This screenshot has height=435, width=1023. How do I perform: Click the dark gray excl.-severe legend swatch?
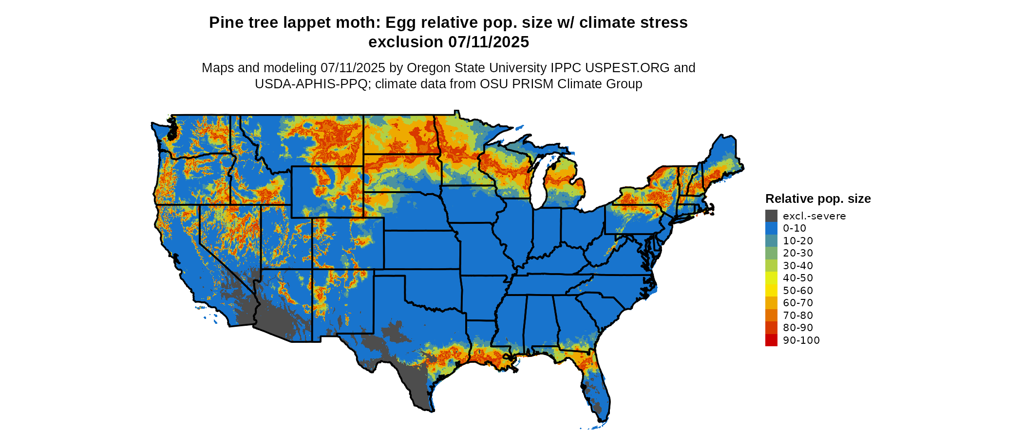coord(771,216)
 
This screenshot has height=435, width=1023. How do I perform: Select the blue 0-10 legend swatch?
coord(771,228)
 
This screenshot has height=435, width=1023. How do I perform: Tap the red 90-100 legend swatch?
coord(771,340)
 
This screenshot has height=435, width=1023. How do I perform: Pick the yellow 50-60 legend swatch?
coord(771,291)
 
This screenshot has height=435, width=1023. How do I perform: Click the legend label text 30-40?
coord(798,266)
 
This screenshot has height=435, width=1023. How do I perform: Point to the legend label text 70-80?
coord(798,316)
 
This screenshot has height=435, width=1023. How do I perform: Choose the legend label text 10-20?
coord(798,241)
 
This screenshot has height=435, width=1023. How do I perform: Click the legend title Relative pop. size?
coord(818,199)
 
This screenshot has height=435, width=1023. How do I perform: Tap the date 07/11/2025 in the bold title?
coord(489,42)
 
